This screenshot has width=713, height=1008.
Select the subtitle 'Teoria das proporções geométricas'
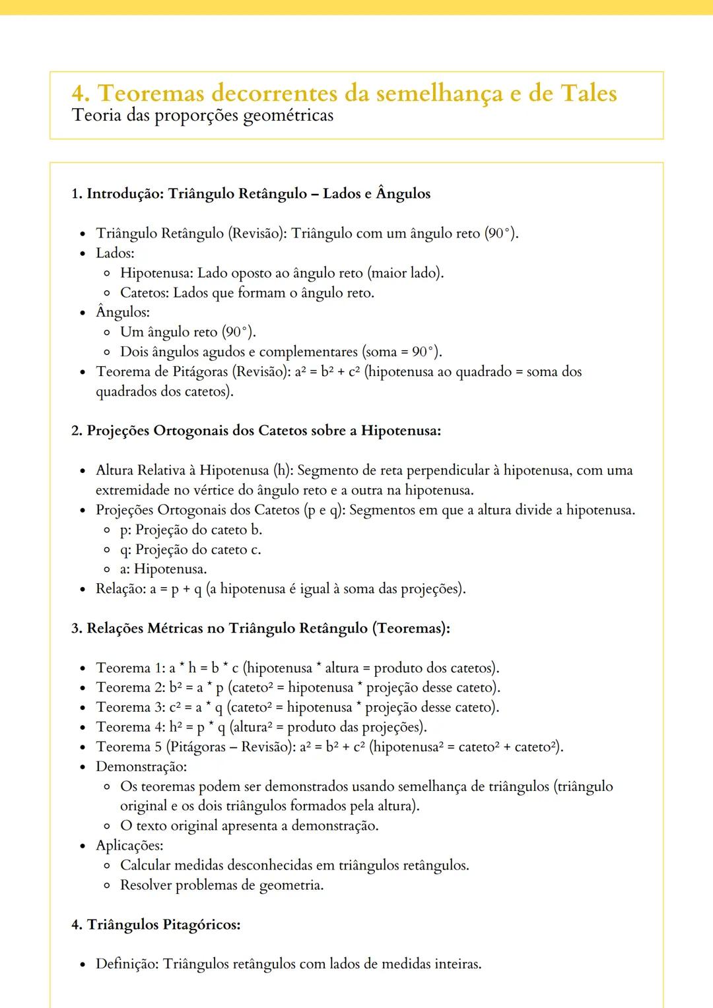203,116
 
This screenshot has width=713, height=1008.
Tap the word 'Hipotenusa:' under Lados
156,273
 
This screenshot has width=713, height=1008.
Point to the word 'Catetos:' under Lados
145,293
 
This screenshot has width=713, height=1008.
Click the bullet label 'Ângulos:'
123,312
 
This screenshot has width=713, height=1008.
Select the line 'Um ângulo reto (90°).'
188,332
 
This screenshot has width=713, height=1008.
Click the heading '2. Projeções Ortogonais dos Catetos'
256,431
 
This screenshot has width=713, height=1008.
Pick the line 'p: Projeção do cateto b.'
191,530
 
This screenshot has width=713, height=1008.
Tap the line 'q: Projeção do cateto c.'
191,550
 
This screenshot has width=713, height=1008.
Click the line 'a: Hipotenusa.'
164,569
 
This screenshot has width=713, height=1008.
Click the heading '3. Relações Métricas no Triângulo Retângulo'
261,629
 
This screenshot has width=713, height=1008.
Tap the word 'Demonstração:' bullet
141,767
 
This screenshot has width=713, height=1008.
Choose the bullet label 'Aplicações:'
129,846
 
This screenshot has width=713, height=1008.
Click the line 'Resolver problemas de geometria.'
222,885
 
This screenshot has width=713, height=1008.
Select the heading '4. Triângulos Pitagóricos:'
156,925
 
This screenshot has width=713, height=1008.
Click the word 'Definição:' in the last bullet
127,964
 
